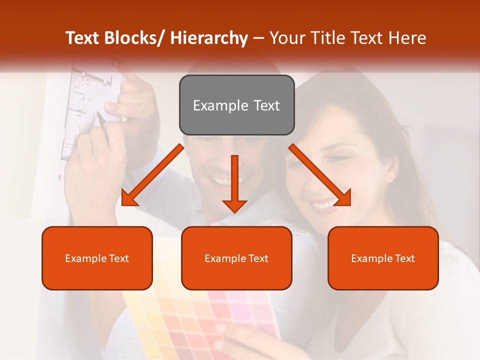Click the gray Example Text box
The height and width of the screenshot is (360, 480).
(236, 105)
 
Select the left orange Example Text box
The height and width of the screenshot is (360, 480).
(97, 258)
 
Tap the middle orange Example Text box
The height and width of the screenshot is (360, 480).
(236, 258)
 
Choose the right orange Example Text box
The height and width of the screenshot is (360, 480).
(383, 258)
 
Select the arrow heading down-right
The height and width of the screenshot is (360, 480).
(320, 175)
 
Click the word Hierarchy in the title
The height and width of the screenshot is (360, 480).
(209, 38)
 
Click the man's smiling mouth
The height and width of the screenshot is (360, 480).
(223, 180)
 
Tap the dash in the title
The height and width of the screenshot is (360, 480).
(258, 38)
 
